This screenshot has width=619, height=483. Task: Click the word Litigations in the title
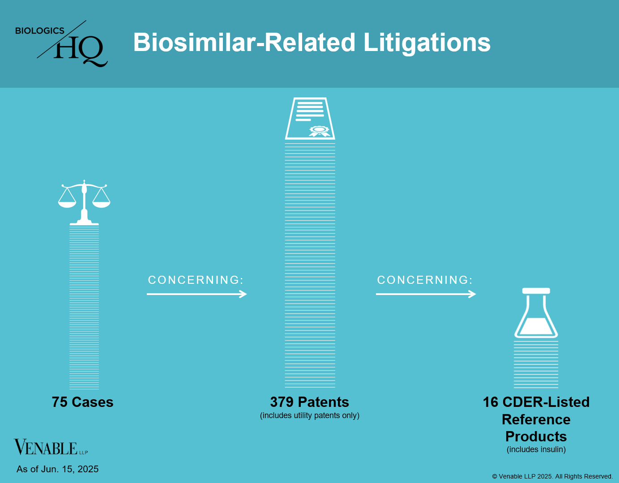click(427, 43)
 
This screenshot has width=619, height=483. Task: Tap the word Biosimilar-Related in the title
click(244, 42)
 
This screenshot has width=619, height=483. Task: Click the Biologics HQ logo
click(61, 43)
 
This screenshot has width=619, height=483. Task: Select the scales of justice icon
click(84, 202)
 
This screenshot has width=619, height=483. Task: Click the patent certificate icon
click(310, 119)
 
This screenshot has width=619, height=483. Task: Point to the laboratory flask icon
click(536, 313)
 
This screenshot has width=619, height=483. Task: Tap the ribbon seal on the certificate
click(320, 131)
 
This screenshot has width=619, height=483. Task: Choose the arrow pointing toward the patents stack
click(197, 294)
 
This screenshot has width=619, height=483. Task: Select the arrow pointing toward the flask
click(426, 294)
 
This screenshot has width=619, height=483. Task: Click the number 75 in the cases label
click(60, 402)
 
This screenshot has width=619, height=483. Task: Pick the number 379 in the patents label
click(282, 402)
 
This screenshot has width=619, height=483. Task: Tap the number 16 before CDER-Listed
click(490, 402)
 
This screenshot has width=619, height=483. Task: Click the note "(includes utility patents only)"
click(310, 415)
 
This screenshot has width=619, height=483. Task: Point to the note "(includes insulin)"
click(536, 449)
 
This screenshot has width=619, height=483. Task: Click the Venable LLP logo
click(51, 447)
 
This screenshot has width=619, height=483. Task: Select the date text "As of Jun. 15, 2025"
click(58, 469)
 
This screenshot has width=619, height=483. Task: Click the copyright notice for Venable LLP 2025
click(552, 476)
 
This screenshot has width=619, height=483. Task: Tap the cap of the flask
click(536, 291)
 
